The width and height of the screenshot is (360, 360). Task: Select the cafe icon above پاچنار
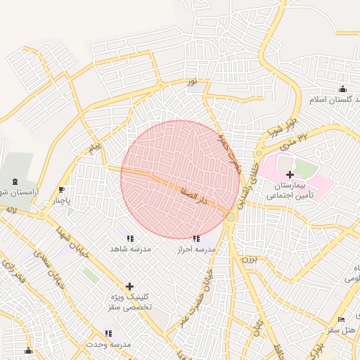click(x=62, y=190)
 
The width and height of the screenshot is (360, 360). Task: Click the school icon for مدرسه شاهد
click(x=129, y=238)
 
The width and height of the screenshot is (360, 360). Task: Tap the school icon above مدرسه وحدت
click(x=108, y=333)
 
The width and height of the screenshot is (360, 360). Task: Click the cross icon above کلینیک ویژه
click(x=129, y=286)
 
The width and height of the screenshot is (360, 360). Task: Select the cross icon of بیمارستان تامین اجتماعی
click(x=290, y=174)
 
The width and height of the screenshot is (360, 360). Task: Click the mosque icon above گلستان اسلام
click(x=342, y=89)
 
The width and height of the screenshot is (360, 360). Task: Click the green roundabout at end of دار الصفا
click(x=231, y=217)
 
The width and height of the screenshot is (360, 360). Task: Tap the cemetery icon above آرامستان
click(x=16, y=181)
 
